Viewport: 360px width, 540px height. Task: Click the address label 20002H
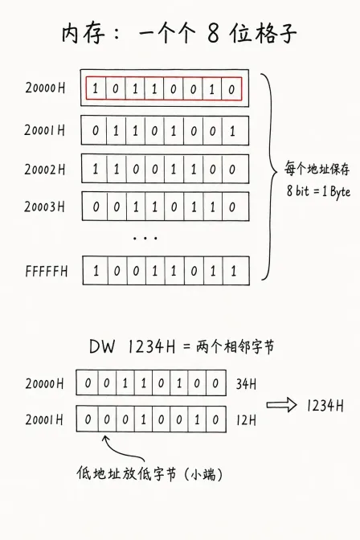pyautogui.click(x=44, y=170)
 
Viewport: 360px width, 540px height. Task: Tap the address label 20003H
pyautogui.click(x=44, y=207)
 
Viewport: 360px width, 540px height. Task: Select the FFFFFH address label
pyautogui.click(x=46, y=272)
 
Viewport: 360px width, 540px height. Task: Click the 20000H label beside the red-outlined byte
pyautogui.click(x=45, y=88)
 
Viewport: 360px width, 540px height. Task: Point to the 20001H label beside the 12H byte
pyautogui.click(x=44, y=419)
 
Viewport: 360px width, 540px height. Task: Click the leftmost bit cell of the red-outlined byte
pyautogui.click(x=96, y=89)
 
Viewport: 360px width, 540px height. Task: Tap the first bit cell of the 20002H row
pyautogui.click(x=94, y=169)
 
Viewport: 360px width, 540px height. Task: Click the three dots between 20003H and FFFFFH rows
pyautogui.click(x=145, y=238)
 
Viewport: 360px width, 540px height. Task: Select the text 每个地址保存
pyautogui.click(x=317, y=169)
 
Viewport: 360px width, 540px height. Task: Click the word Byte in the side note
pyautogui.click(x=340, y=191)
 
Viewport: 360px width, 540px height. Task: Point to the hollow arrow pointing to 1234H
pyautogui.click(x=281, y=405)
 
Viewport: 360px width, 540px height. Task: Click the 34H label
pyautogui.click(x=246, y=384)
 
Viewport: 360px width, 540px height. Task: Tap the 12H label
pyautogui.click(x=246, y=420)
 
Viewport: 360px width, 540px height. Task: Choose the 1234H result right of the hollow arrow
pyautogui.click(x=325, y=406)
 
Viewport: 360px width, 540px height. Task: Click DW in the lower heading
pyautogui.click(x=101, y=346)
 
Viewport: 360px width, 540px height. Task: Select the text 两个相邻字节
pyautogui.click(x=235, y=346)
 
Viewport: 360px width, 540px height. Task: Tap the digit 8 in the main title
pyautogui.click(x=213, y=34)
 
